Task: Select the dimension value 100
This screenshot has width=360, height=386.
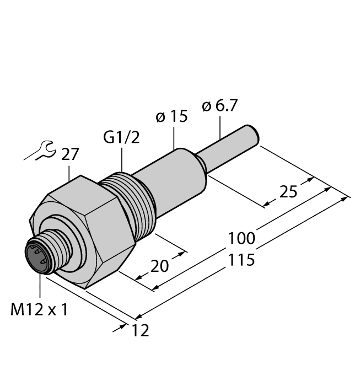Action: coord(241,238)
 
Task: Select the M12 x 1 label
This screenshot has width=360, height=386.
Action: coord(39,310)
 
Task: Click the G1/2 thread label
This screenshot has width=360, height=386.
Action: coord(121,137)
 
